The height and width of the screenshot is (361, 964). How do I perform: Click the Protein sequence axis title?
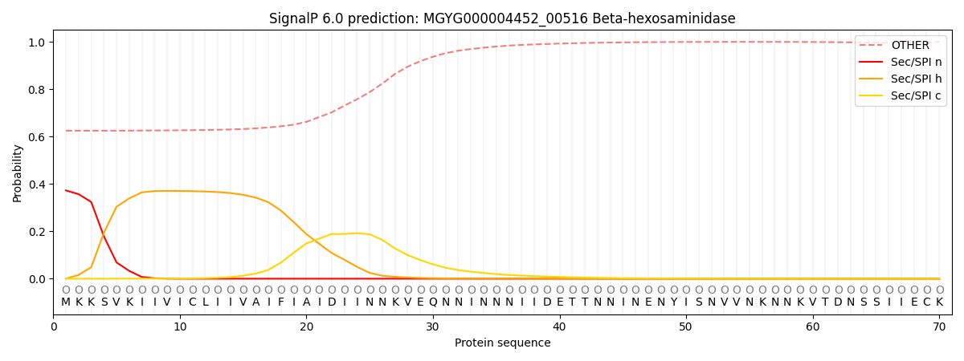pyautogui.click(x=502, y=343)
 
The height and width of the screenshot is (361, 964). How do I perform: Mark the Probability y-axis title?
pyautogui.click(x=18, y=173)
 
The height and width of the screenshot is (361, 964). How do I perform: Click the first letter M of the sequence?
pyautogui.click(x=66, y=302)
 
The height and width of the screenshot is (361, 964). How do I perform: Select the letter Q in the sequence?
pyautogui.click(x=433, y=302)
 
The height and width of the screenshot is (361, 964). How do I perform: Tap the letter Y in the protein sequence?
pyautogui.click(x=673, y=302)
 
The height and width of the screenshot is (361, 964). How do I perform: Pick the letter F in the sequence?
pyautogui.click(x=281, y=302)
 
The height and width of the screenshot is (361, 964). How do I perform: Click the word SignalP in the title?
pyautogui.click(x=295, y=18)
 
